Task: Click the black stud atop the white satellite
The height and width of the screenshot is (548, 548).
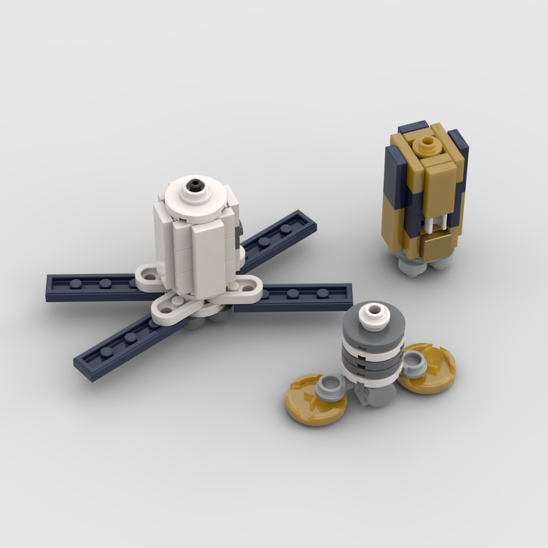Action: tap(197, 183)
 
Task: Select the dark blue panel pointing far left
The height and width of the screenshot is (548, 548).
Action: tap(89, 284)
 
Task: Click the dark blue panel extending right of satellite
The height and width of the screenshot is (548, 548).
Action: tap(301, 297)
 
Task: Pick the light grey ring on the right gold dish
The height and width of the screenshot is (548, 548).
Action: tap(412, 363)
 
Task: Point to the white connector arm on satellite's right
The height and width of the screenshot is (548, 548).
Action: tap(247, 287)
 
